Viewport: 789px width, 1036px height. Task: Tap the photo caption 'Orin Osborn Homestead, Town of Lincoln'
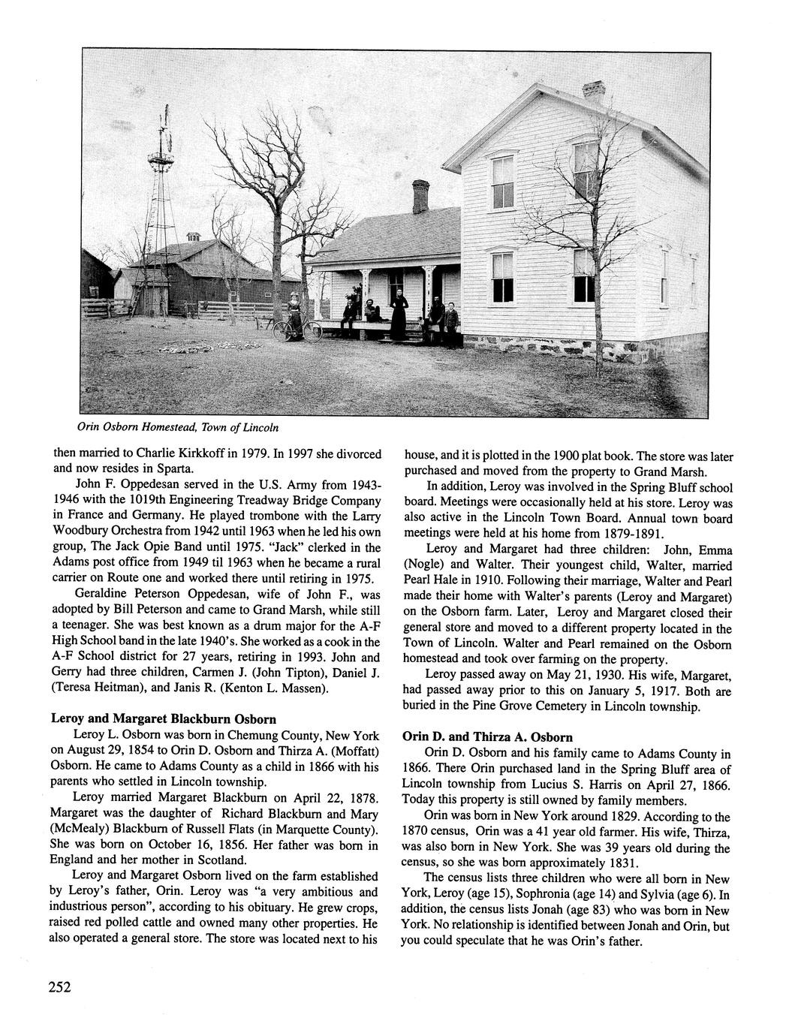coord(178,427)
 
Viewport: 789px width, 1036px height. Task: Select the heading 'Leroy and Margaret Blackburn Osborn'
coord(164,718)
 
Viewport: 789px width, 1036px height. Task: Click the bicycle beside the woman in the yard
coord(297,329)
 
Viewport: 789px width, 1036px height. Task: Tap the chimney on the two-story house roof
coord(593,92)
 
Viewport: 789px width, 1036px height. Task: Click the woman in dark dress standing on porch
coord(399,312)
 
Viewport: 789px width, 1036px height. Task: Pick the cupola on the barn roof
coord(194,236)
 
